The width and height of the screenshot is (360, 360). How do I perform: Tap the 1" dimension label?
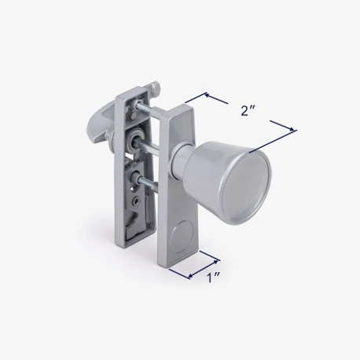click(213, 277)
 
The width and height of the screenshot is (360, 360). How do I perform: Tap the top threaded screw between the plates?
click(147, 108)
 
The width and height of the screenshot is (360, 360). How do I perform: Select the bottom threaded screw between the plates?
click(147, 182)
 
